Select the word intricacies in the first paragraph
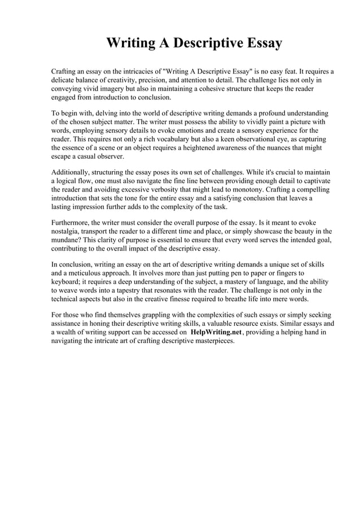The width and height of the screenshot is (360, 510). point(141,72)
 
